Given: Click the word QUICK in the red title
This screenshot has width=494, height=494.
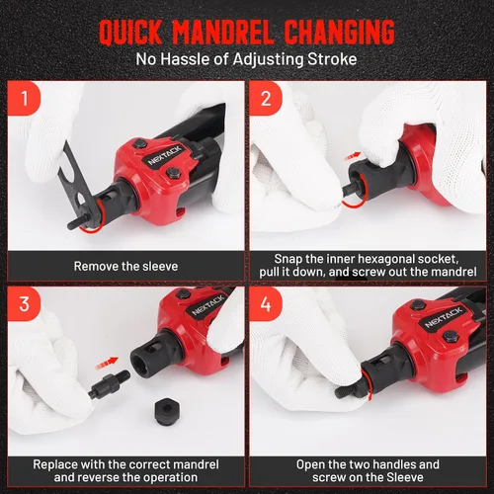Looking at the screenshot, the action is (x=130, y=32).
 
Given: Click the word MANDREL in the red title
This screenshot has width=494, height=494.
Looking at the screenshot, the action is (x=223, y=32).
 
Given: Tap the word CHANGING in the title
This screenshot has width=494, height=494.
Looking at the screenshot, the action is (x=339, y=32).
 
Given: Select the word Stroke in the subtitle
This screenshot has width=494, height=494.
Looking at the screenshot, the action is (x=332, y=59).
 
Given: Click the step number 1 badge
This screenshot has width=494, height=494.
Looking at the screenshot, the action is (x=25, y=99).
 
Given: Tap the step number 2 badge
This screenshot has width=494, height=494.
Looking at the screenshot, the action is (x=266, y=99).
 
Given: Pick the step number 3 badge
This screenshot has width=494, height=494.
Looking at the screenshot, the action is (x=25, y=303).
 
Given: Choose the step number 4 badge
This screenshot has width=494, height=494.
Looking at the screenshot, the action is (x=266, y=303).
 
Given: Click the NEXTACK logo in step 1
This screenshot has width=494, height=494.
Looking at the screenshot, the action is (x=164, y=155).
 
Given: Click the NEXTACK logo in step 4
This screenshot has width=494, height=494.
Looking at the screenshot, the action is (x=443, y=317).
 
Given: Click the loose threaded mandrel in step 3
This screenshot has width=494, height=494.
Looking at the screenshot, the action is (x=109, y=383).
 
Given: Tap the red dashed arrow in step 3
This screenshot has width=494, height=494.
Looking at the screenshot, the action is (x=107, y=363).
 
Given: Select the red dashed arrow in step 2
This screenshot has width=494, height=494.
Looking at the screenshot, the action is (x=353, y=156).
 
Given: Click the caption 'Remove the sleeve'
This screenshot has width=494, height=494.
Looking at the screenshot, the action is (x=125, y=266).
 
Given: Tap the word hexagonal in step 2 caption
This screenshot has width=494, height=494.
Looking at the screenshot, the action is (x=371, y=259).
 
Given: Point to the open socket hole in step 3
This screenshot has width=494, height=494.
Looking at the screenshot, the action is (x=142, y=364).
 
